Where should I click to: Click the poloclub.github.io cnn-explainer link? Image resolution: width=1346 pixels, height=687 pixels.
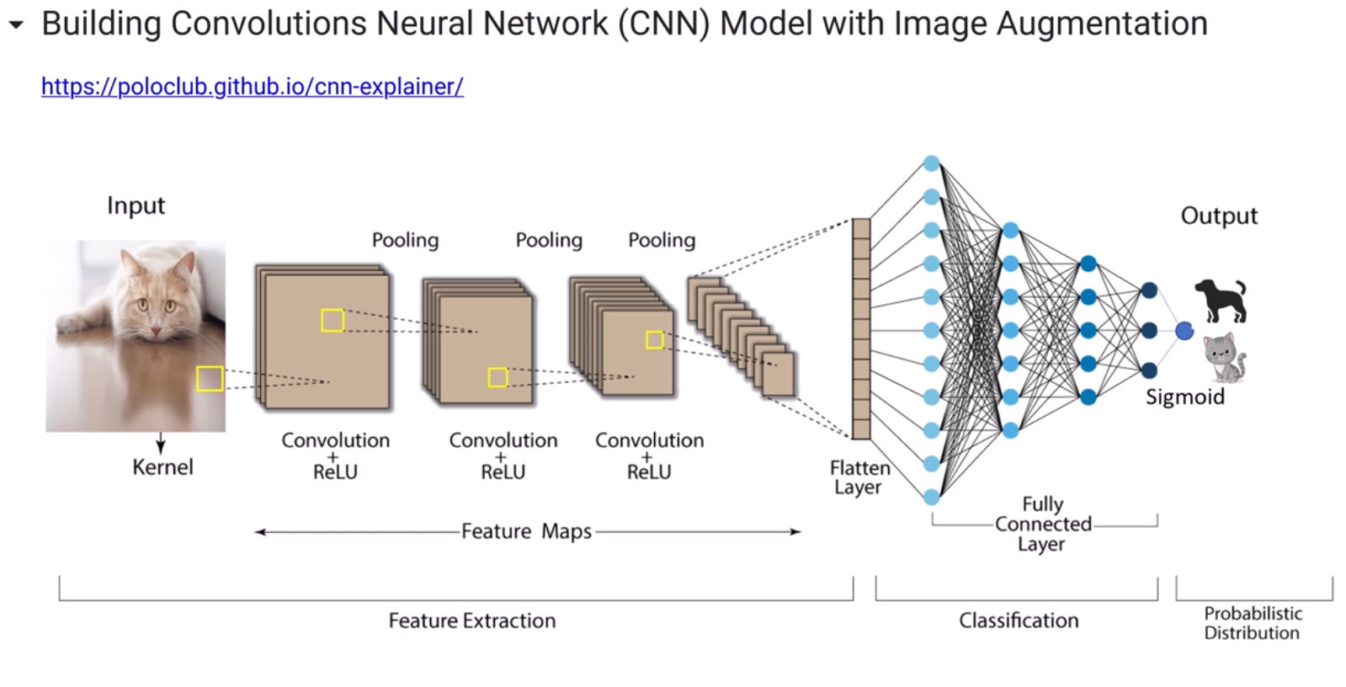click(x=252, y=87)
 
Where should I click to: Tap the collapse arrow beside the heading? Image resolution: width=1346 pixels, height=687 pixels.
click(x=16, y=25)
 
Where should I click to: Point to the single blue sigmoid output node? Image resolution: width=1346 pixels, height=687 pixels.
click(x=1184, y=331)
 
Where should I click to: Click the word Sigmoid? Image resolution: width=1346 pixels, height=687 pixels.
click(x=1184, y=397)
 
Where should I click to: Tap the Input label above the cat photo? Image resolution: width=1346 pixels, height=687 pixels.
click(x=136, y=205)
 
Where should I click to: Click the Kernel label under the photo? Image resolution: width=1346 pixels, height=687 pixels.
click(x=162, y=467)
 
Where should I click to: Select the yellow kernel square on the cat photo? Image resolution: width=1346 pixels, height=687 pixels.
click(x=210, y=379)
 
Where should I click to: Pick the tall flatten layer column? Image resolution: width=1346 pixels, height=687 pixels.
click(x=860, y=328)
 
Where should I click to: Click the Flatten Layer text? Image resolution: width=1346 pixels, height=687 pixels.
click(x=859, y=477)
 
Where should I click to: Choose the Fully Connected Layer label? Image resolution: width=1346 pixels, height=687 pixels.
click(x=1042, y=524)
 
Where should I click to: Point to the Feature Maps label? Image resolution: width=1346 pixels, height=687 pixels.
click(x=526, y=531)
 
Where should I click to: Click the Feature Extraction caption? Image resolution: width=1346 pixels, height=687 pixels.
click(x=471, y=620)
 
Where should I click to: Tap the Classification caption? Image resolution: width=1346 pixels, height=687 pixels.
click(x=1018, y=620)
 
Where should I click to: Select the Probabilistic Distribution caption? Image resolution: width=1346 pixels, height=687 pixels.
click(x=1252, y=623)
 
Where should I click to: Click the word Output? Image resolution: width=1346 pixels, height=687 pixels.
click(x=1218, y=216)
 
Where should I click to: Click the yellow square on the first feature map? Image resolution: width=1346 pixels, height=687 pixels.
click(x=333, y=320)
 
